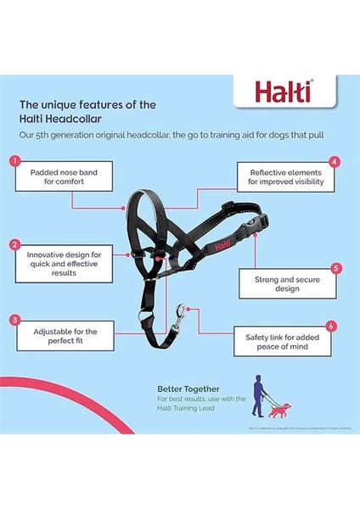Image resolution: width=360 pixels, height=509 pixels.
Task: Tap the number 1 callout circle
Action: click(14, 160)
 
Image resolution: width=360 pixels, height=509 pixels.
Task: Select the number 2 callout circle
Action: click(14, 245)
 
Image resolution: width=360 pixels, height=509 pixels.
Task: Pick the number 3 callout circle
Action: click(14, 320)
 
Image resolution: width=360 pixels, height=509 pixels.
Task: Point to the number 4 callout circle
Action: click(335, 161)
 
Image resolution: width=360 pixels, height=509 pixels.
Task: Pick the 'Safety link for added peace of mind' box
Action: click(284, 342)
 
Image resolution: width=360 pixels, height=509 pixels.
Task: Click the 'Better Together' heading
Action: click(182, 388)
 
